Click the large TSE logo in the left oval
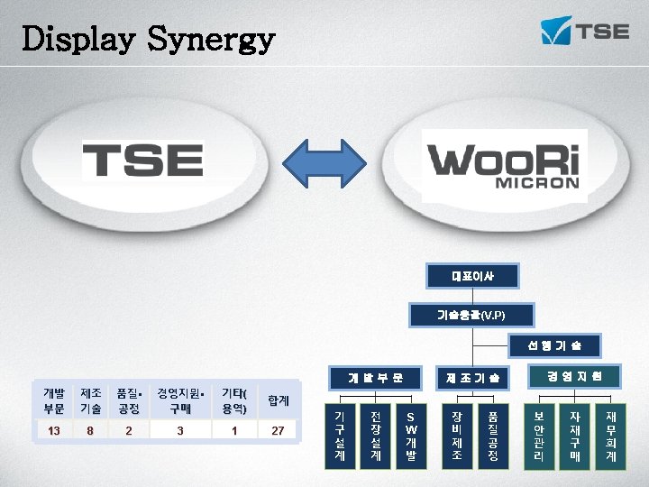click(x=142, y=162)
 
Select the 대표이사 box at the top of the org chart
click(x=472, y=273)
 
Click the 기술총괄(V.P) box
click(x=472, y=315)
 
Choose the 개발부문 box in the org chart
click(x=375, y=376)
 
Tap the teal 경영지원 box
click(x=574, y=374)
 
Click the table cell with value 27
click(x=278, y=431)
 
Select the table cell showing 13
click(x=54, y=431)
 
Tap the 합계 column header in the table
click(x=278, y=400)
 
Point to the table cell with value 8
click(x=90, y=431)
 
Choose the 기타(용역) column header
click(x=234, y=400)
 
